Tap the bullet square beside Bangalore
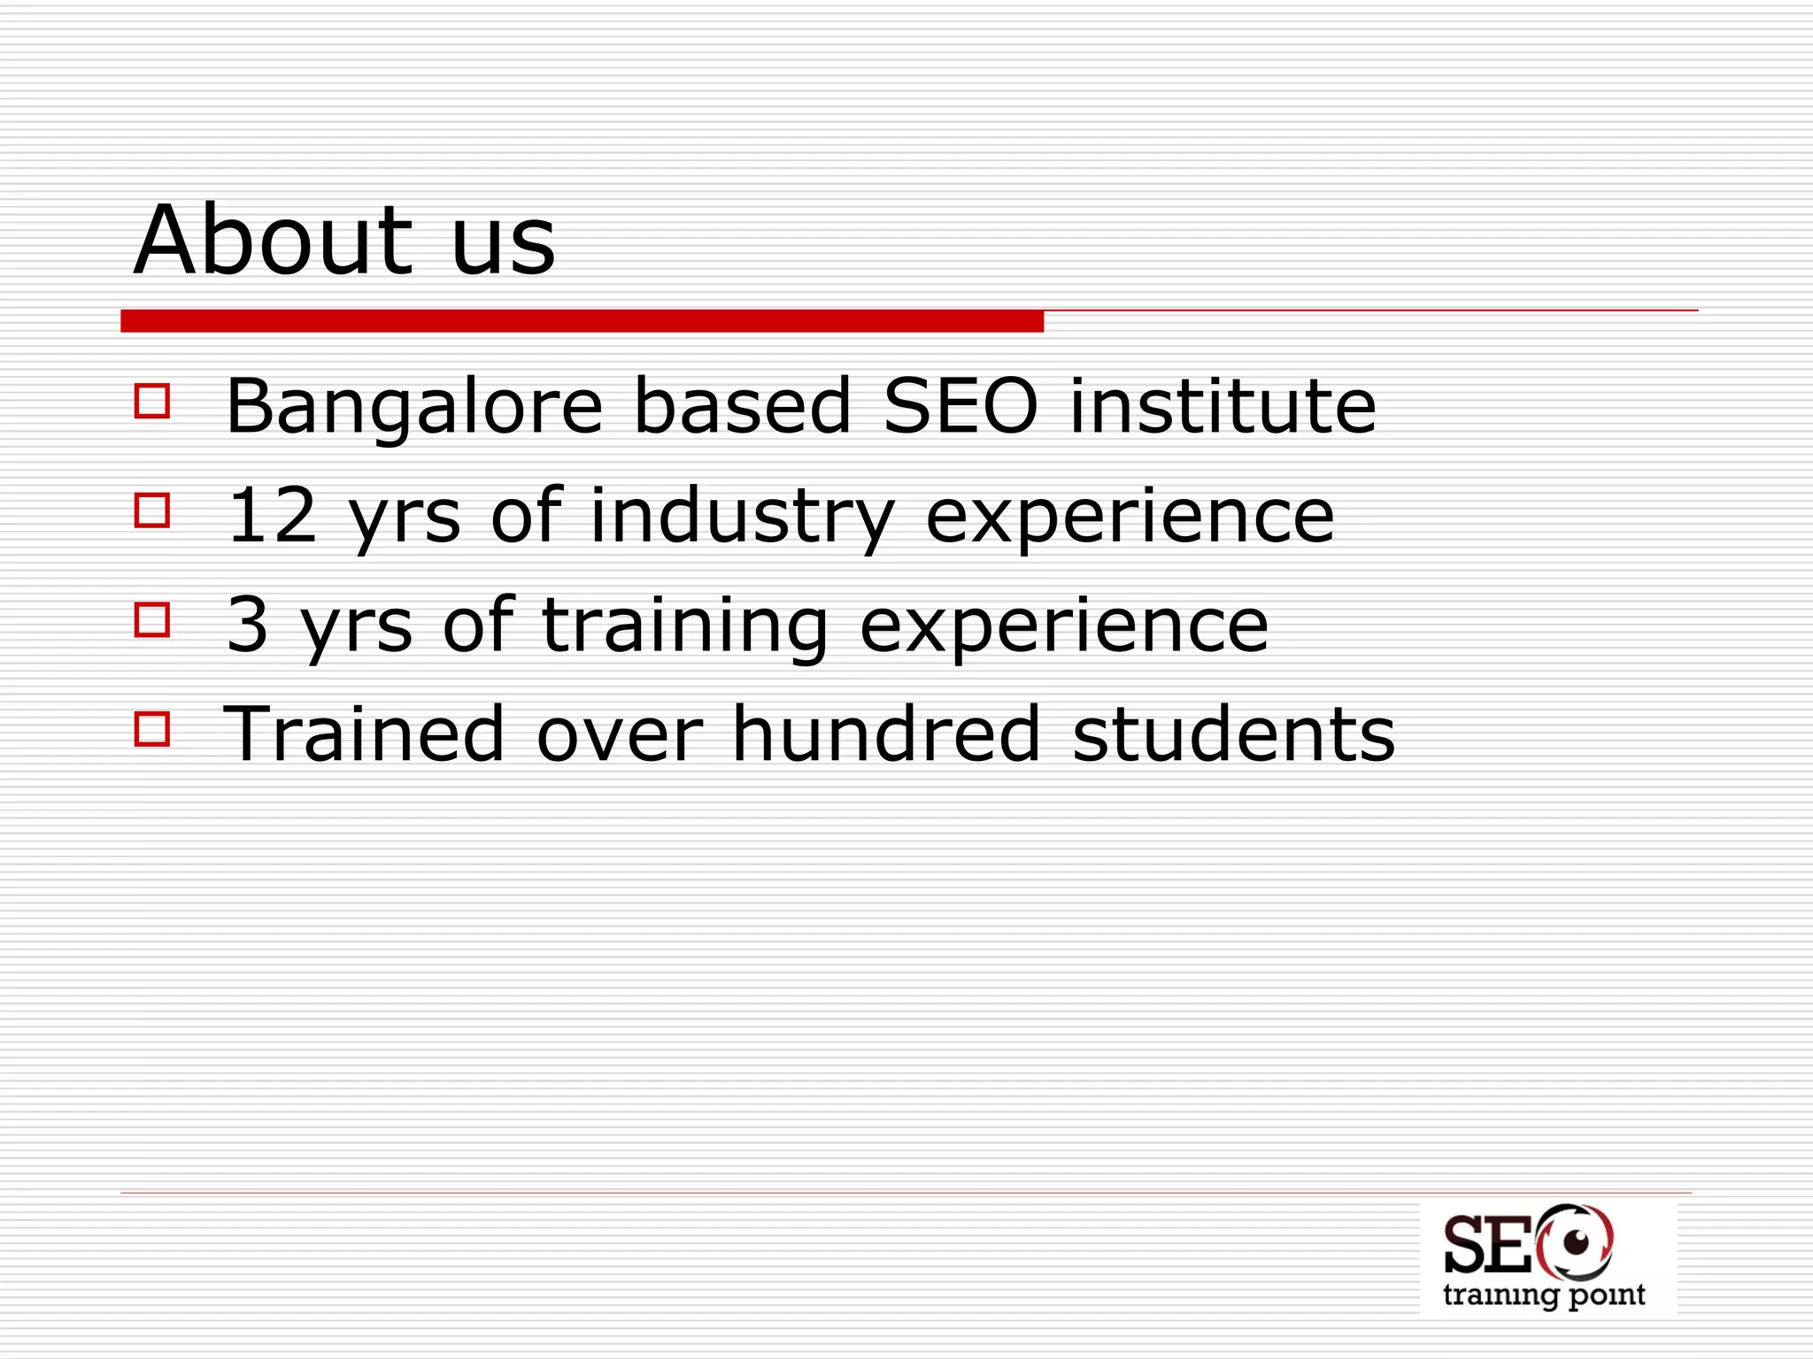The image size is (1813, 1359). click(x=152, y=400)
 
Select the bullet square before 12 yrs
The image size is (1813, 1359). click(x=152, y=510)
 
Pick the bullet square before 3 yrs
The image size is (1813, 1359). click(x=152, y=619)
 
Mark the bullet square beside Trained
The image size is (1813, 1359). click(x=152, y=729)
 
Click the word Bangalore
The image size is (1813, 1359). click(x=414, y=407)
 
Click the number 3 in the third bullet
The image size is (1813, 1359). click(x=247, y=625)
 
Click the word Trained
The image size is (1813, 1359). click(x=364, y=733)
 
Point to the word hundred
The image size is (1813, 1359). click(x=886, y=733)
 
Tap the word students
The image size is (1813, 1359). click(x=1233, y=733)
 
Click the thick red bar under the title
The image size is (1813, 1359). click(x=582, y=321)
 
